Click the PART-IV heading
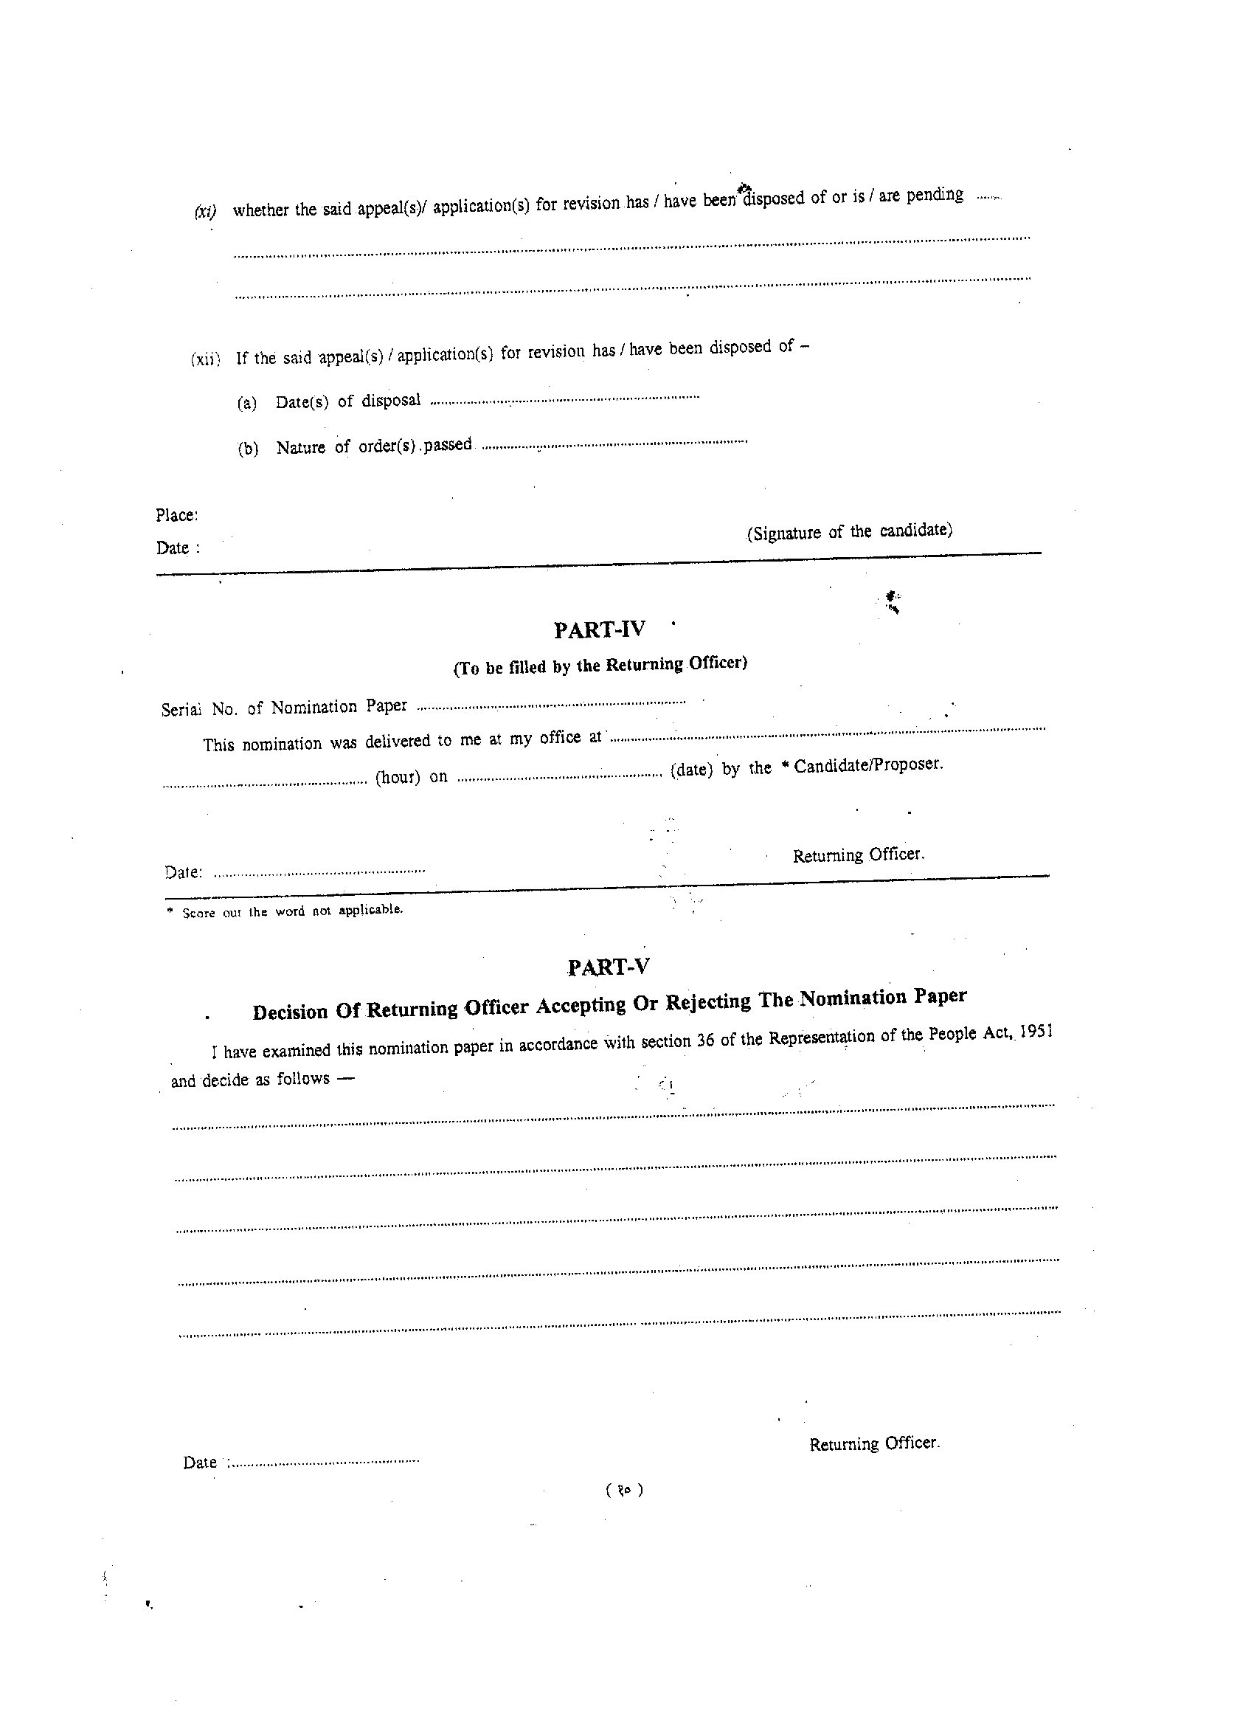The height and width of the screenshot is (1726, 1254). tap(600, 630)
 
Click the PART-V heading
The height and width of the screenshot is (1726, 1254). tap(608, 967)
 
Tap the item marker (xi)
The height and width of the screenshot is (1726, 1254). tap(204, 212)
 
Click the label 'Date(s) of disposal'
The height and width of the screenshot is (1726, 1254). tap(347, 401)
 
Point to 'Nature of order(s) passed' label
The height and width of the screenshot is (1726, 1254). tap(373, 446)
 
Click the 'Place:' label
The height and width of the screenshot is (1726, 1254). tap(176, 515)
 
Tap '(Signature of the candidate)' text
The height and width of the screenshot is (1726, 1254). tap(849, 531)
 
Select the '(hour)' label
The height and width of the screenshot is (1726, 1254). tap(397, 778)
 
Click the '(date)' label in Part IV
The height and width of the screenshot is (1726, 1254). tap(691, 770)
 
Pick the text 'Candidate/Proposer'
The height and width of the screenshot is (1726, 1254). tap(868, 764)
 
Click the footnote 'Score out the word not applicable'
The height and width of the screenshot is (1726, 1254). tap(291, 911)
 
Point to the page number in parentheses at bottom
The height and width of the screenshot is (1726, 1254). tap(625, 1491)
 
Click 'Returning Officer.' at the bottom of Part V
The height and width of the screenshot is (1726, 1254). tap(874, 1443)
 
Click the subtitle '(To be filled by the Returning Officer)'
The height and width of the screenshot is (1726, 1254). tap(600, 666)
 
